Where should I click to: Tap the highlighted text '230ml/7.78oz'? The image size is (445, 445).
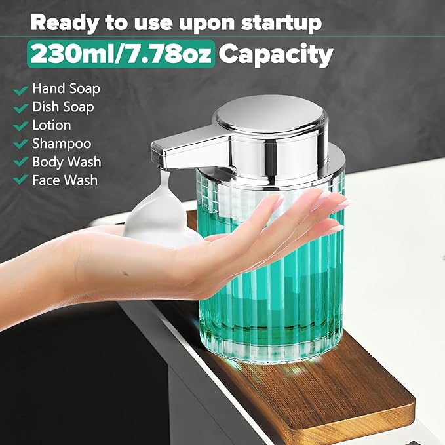coord(121,54)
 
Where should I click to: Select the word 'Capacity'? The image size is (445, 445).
coord(275,54)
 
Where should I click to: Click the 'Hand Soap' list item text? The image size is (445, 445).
coord(66,88)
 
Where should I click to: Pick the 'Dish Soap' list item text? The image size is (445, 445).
coord(63,107)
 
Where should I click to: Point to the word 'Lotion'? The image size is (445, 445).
coord(51,125)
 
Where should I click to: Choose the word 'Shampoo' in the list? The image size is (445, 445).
coord(62,144)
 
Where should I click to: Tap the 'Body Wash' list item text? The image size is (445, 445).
coord(66,161)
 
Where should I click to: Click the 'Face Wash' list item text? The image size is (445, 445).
coord(65,180)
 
